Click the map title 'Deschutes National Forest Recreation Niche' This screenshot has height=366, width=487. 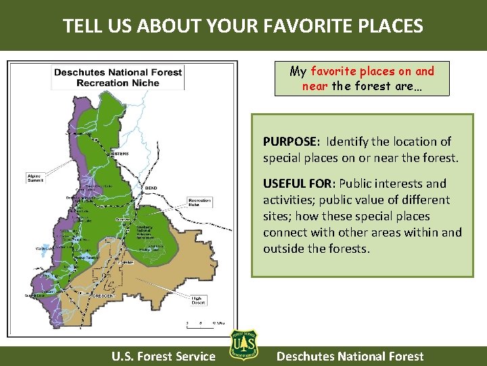pos(118,77)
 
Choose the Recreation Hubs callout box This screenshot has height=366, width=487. pos(200,202)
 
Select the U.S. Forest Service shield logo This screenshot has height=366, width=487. pos(243,346)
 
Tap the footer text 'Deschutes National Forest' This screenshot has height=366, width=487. pos(350,356)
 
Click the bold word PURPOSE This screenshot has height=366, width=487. pos(290,142)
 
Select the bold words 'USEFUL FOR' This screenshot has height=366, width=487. pos(298,184)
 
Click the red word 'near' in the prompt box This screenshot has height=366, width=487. pos(315,86)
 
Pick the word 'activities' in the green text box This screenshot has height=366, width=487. pos(288,200)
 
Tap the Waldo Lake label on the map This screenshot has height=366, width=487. pos(45,249)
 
